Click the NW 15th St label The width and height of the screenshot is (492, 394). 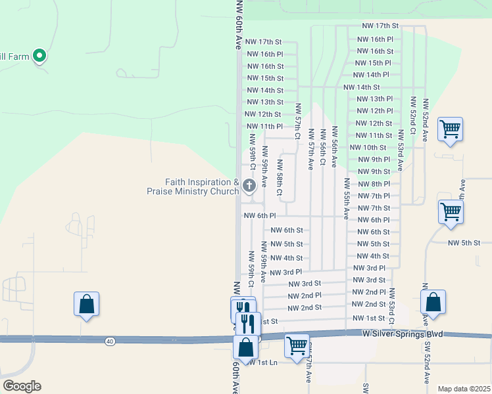click(264, 78)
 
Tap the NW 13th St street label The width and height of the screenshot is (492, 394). click(264, 102)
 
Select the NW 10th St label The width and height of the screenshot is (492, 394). click(368, 148)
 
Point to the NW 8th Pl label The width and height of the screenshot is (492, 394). click(374, 184)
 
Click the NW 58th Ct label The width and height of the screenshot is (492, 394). click(279, 177)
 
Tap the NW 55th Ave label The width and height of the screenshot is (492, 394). click(346, 198)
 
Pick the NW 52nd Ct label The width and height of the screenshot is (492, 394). click(412, 116)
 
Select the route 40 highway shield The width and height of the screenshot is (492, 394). click(109, 340)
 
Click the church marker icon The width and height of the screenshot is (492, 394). click(249, 186)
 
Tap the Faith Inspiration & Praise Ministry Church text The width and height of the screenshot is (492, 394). click(193, 186)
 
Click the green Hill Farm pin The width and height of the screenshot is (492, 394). click(39, 56)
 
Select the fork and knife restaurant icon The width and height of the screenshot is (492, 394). click(247, 323)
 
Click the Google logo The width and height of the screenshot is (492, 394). click(22, 385)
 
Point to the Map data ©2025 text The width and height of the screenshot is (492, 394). click(463, 389)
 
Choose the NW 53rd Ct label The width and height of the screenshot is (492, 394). click(391, 307)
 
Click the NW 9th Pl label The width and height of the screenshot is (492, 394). click(374, 160)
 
